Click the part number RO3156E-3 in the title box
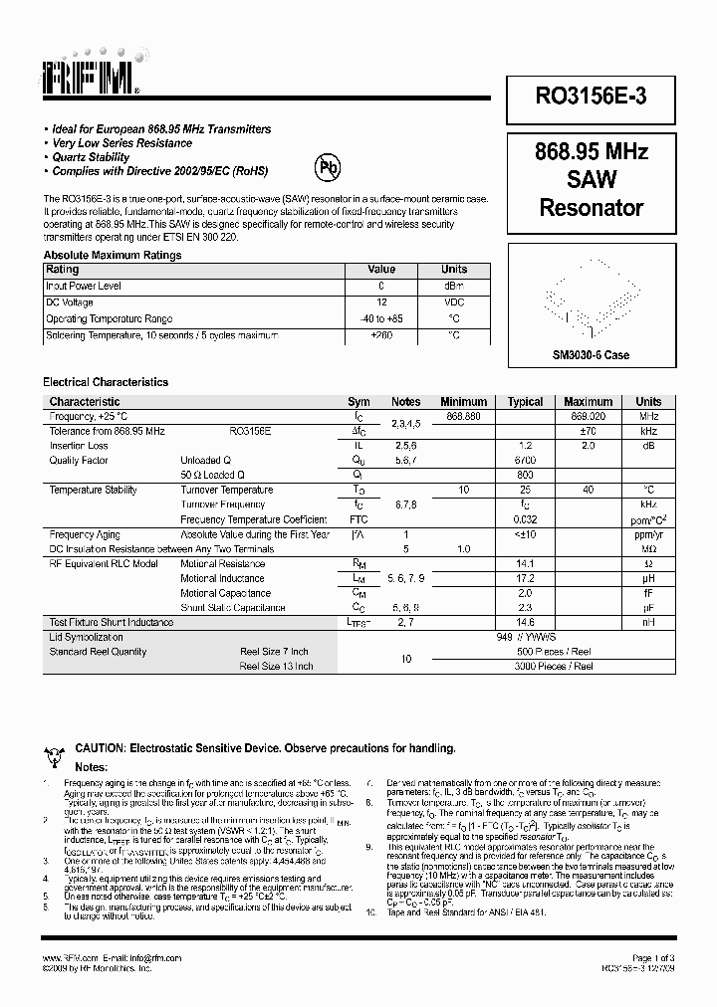point(593,97)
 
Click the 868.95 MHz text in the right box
point(592,152)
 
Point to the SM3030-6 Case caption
point(592,355)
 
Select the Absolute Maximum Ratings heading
point(112,255)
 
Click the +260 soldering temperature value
point(381,335)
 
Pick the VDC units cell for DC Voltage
point(454,302)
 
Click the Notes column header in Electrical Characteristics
point(405,402)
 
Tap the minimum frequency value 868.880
point(463,416)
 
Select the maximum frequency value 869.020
point(588,416)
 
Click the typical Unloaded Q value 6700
point(525,461)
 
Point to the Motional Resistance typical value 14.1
point(525,563)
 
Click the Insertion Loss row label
point(79,446)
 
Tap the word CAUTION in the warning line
point(99,747)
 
